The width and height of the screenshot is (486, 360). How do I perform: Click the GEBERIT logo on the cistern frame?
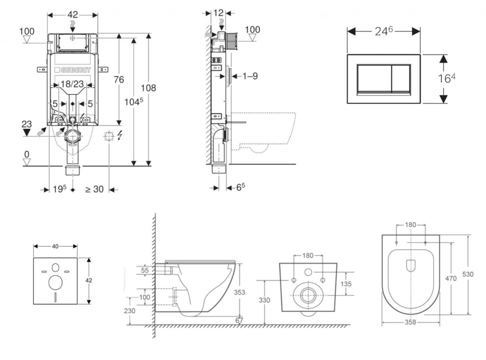point(73,69)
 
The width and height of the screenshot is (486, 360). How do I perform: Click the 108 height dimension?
point(148,88)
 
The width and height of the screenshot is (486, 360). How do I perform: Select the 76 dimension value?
point(119,79)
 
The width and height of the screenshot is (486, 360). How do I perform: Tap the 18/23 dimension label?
point(73,84)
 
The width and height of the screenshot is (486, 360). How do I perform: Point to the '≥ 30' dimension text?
point(94,189)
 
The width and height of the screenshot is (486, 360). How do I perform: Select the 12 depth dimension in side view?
point(218,13)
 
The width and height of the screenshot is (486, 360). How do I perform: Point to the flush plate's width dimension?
point(383,31)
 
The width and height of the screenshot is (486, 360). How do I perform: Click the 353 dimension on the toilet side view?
point(240,293)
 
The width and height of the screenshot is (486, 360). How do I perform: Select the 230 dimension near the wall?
point(129,311)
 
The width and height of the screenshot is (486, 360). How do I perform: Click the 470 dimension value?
point(451,279)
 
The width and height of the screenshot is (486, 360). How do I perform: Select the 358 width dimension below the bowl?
point(411,322)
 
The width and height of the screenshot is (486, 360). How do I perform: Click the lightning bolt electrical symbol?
point(119,136)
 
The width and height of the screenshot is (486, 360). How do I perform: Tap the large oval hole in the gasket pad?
point(55,283)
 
